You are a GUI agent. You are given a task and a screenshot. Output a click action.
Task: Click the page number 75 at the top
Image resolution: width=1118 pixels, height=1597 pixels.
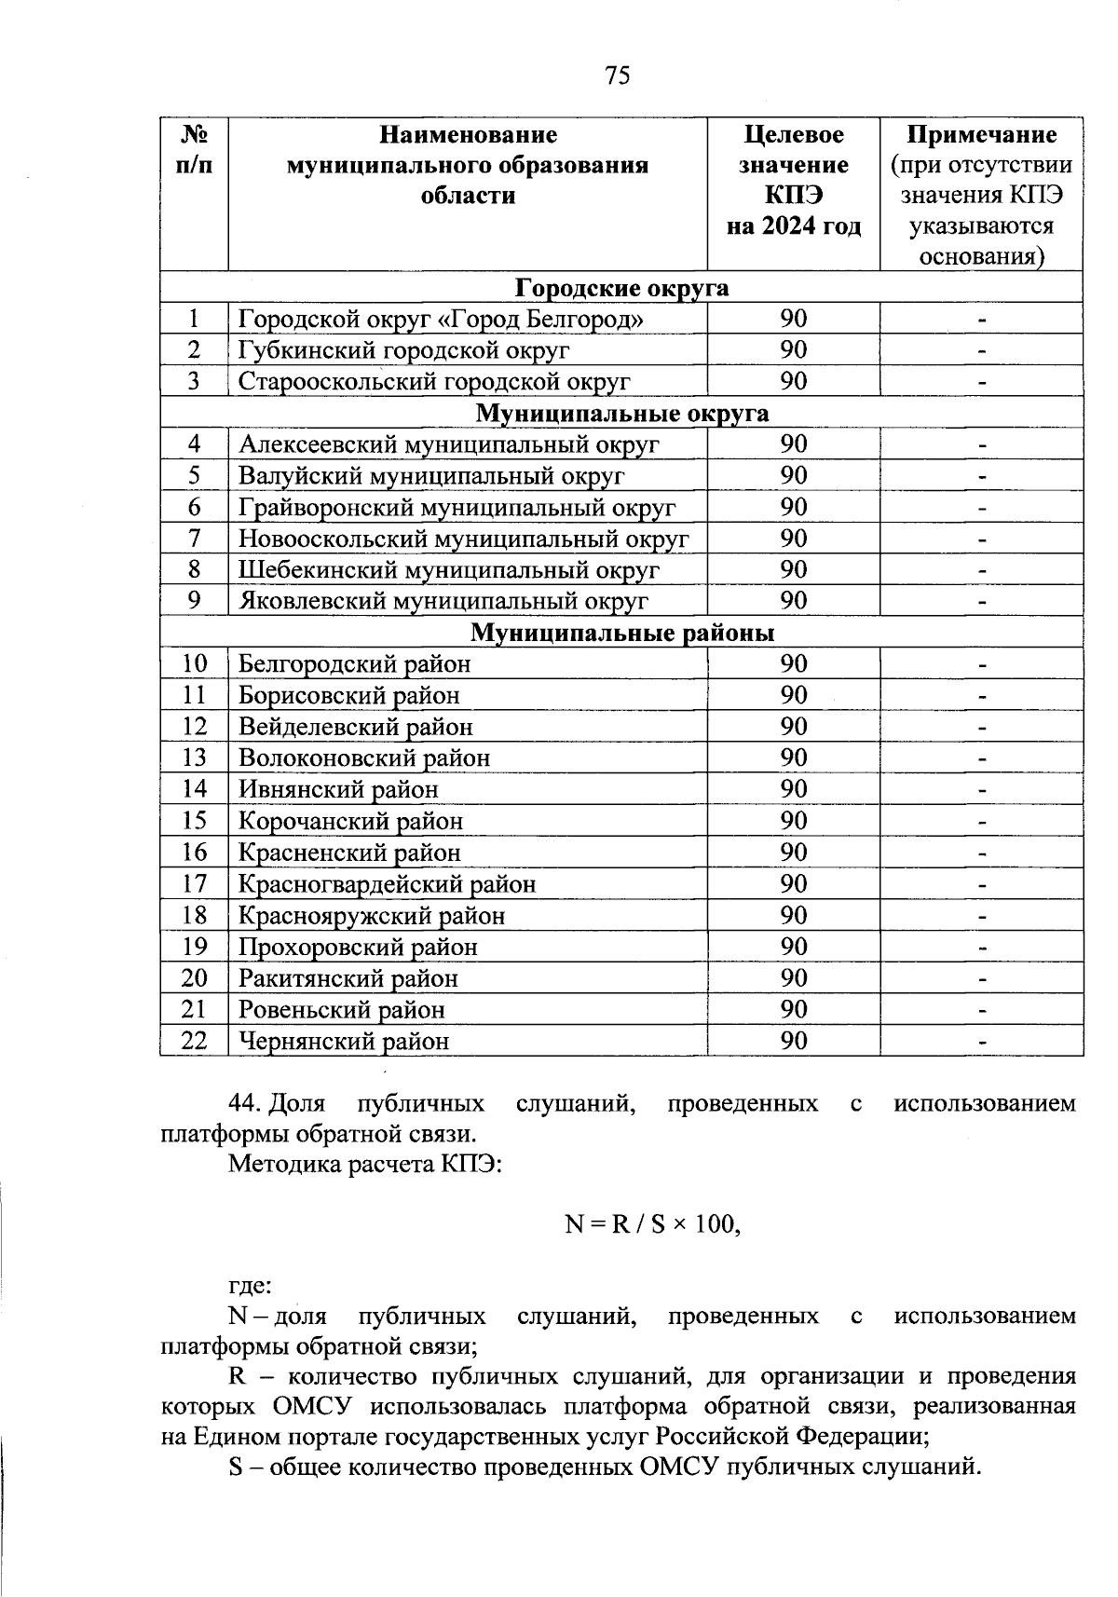(x=617, y=75)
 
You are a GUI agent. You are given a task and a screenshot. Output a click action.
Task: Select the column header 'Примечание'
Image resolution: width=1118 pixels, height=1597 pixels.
(x=982, y=135)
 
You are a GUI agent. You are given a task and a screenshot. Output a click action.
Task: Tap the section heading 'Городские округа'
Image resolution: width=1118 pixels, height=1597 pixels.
(x=621, y=288)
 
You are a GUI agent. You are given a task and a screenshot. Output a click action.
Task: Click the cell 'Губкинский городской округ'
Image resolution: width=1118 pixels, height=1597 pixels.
(x=403, y=350)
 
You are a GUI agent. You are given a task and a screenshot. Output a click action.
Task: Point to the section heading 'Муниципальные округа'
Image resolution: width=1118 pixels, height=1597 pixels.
(x=621, y=413)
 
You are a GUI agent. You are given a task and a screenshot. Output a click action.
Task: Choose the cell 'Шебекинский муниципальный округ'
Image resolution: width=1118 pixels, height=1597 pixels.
(x=448, y=569)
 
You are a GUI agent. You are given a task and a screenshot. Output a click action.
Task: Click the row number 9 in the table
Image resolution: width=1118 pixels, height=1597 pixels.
(x=194, y=601)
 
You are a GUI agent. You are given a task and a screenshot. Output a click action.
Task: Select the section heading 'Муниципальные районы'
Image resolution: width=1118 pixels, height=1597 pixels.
(x=621, y=633)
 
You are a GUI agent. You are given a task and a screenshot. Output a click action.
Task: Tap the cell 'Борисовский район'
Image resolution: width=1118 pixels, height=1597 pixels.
(x=348, y=695)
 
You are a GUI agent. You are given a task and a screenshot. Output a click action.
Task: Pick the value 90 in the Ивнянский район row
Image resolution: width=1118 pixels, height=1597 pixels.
(x=794, y=789)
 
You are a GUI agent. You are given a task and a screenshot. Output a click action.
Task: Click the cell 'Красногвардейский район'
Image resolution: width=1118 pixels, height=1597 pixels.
(x=387, y=883)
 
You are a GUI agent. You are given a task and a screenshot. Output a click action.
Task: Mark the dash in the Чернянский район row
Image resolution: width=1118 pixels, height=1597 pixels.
(x=982, y=1041)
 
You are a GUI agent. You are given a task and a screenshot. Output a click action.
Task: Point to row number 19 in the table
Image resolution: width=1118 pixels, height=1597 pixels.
(x=194, y=947)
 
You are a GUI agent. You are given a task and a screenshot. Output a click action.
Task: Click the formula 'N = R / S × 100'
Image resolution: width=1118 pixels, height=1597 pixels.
(x=652, y=1223)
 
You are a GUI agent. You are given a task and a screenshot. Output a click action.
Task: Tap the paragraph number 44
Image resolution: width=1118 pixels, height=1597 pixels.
(x=244, y=1104)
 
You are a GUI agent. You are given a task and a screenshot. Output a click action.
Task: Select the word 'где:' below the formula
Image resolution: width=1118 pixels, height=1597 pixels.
(x=251, y=1287)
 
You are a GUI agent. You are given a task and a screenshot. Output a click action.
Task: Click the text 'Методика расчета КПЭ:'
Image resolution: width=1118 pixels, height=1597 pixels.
(x=365, y=1164)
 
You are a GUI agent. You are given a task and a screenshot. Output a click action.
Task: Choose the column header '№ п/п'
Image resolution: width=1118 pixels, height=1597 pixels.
(x=194, y=150)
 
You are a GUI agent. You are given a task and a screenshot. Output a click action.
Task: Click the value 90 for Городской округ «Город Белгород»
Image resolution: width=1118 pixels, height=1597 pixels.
(x=794, y=319)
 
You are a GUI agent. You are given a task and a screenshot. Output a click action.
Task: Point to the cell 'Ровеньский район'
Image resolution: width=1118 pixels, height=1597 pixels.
(x=341, y=1009)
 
